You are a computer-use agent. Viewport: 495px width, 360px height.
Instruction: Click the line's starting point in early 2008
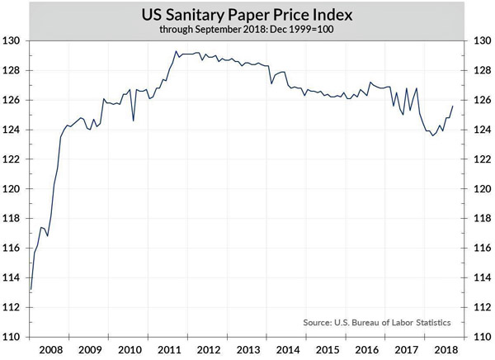(x=31, y=290)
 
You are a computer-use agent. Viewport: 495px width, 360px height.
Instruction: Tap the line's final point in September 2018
(x=453, y=106)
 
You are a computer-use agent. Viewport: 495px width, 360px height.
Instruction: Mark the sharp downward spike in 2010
(x=134, y=121)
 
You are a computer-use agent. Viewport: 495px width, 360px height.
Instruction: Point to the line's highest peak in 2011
(x=175, y=51)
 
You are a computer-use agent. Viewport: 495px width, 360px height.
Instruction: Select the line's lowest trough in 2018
(x=433, y=135)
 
